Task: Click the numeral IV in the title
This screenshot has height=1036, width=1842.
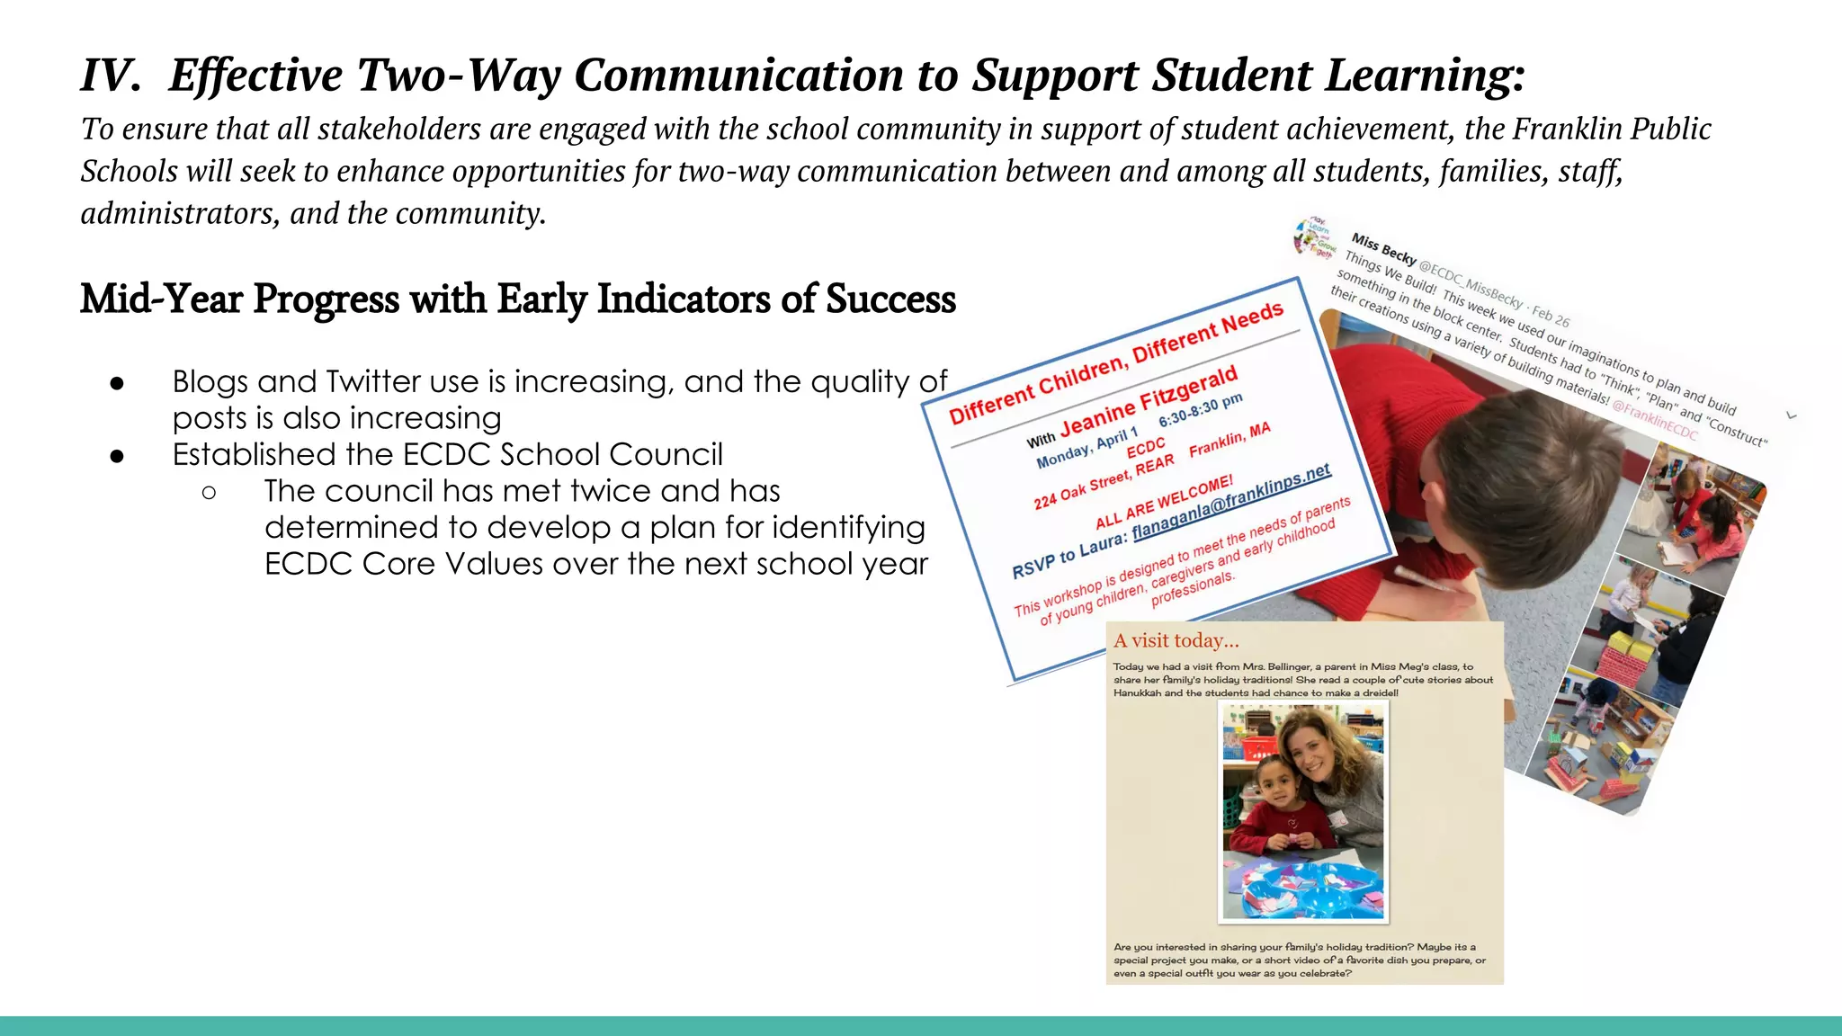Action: point(109,76)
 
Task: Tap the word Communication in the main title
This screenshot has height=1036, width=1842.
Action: point(738,76)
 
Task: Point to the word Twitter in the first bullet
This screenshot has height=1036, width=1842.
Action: point(370,382)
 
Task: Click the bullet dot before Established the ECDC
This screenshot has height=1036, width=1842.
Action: point(117,456)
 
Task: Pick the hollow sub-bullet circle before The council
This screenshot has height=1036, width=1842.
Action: point(209,492)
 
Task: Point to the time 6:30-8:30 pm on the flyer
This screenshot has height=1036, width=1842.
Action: point(1200,410)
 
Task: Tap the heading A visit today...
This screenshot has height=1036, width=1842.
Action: point(1176,641)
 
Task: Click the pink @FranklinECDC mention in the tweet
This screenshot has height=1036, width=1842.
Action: point(1654,422)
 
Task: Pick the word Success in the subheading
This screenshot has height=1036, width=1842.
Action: point(890,299)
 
